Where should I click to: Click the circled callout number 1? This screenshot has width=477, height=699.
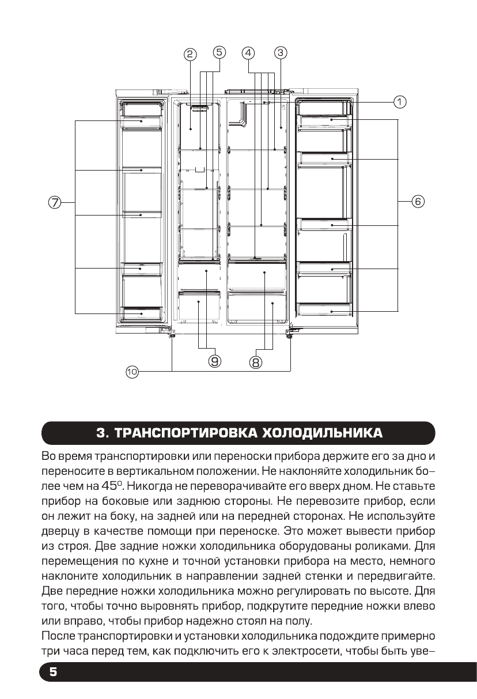tap(399, 102)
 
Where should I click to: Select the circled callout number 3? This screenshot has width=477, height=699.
tap(279, 52)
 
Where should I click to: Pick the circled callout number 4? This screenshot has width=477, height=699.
tap(248, 52)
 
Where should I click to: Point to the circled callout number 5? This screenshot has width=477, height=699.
tap(219, 52)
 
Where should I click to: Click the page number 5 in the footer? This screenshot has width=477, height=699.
tap(53, 672)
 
